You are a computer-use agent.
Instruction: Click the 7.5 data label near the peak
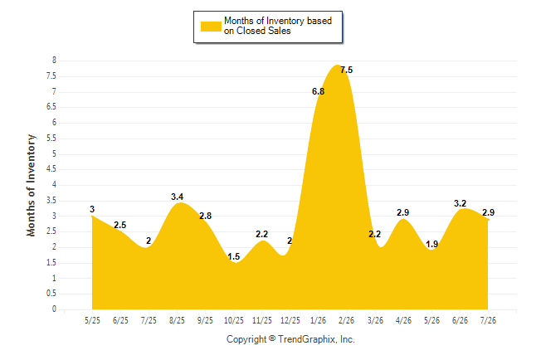pos(346,70)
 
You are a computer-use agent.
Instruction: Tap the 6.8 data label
pos(318,91)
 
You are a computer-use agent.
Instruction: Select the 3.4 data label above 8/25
pos(177,197)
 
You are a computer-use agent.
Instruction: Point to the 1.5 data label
pos(233,256)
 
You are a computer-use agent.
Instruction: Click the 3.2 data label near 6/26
pos(460,204)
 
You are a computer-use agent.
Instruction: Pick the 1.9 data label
pos(431,244)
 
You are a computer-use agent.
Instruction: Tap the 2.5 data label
pos(120,226)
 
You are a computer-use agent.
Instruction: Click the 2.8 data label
pos(206,216)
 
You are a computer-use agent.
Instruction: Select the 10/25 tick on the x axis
pos(234,321)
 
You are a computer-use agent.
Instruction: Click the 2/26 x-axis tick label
pos(346,321)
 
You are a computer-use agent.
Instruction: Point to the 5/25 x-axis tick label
pos(92,321)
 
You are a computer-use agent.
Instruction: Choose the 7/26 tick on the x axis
pos(488,321)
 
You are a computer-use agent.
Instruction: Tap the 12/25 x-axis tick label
pos(290,321)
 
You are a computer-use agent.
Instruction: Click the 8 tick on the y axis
pos(54,61)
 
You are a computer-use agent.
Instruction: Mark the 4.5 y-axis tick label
pos(51,169)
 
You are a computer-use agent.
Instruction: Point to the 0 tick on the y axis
pos(54,309)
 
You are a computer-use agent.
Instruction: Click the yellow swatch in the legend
pos(211,27)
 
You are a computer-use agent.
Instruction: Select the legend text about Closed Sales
pos(278,26)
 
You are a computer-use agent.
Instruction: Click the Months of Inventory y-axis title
pos(31,185)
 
